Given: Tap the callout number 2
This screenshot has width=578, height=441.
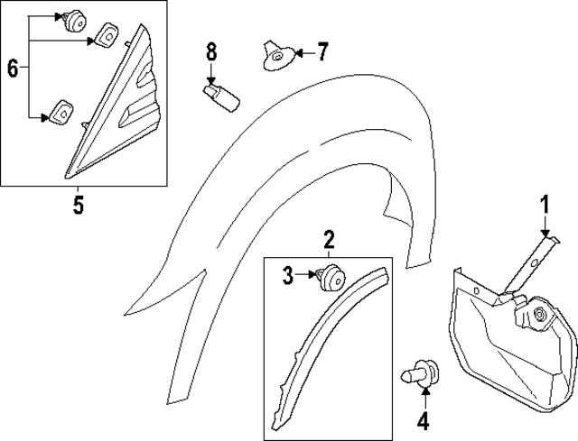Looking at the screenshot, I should click(x=330, y=239).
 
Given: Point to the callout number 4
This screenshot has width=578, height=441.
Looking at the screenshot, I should click(x=422, y=419).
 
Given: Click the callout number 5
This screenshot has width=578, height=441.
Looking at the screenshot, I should click(x=79, y=206).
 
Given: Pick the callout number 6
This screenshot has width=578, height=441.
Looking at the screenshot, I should click(x=13, y=68).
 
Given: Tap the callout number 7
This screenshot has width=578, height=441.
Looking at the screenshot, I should click(x=323, y=53).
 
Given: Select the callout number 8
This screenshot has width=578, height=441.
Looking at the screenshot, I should click(x=211, y=51).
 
